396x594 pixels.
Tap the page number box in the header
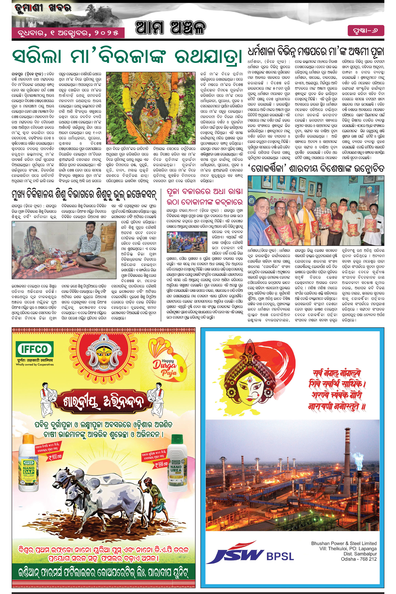point(366,31)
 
